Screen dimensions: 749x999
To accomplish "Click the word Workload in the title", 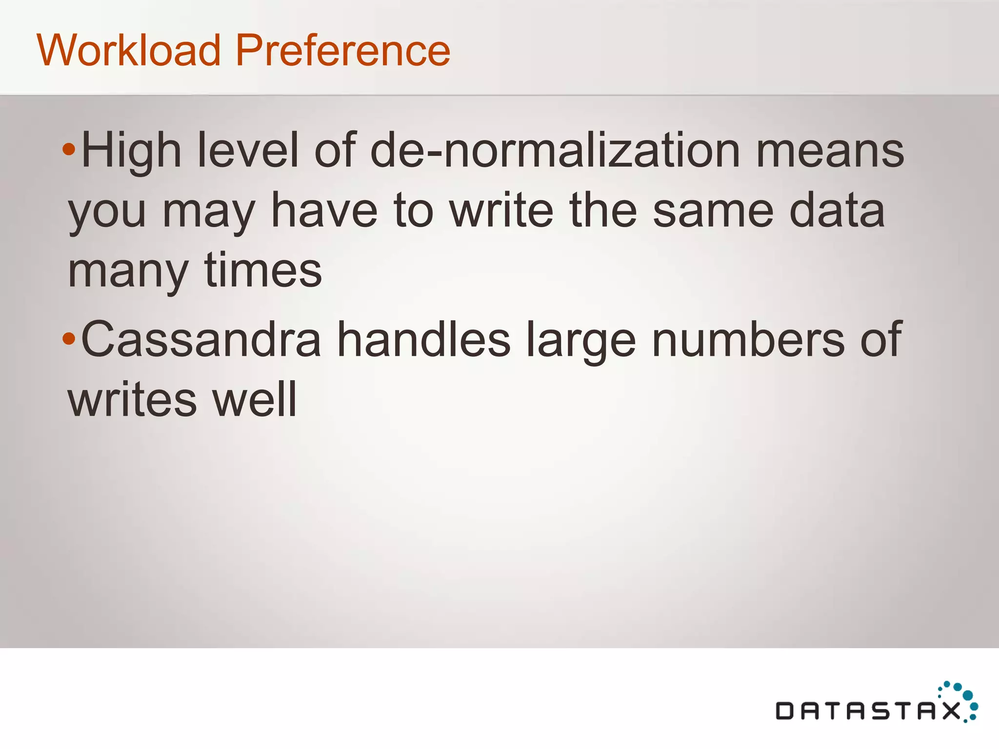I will pyautogui.click(x=129, y=50).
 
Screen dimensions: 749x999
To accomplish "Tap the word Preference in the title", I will pyautogui.click(x=343, y=50).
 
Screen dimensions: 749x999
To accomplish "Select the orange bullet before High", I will pyautogui.click(x=69, y=150).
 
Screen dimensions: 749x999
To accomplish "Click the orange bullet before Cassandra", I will pyautogui.click(x=69, y=339).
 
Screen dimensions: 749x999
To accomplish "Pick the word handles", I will pyautogui.click(x=424, y=340).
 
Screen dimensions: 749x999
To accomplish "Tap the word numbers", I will pyautogui.click(x=748, y=340).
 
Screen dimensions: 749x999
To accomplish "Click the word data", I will pyautogui.click(x=837, y=211).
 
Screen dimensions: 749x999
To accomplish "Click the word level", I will pyautogui.click(x=248, y=151).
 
